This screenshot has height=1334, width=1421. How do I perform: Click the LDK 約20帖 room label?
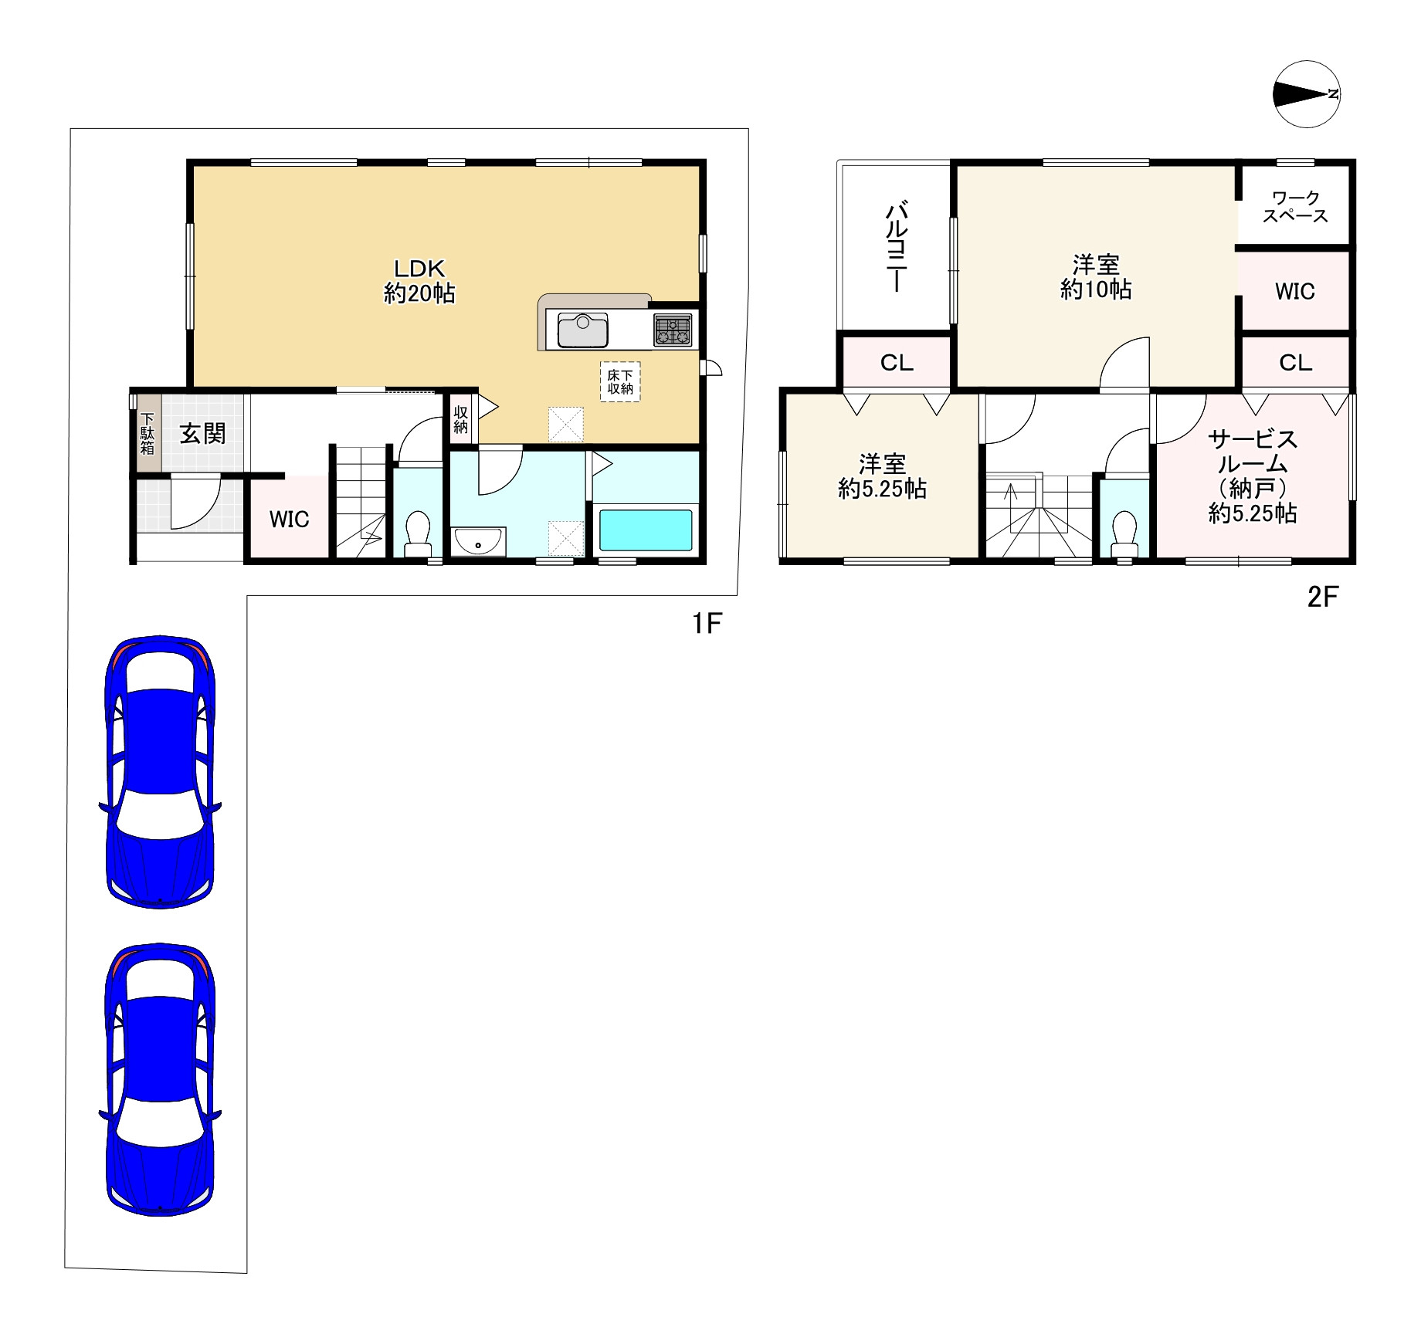(x=419, y=281)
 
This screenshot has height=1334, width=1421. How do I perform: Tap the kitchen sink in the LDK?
(x=582, y=330)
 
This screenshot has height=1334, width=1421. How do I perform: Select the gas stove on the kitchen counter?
(x=673, y=330)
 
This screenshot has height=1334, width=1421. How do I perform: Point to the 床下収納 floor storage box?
(x=620, y=381)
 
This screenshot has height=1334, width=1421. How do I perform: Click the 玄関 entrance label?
(x=203, y=434)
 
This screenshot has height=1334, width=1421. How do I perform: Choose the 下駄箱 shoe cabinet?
(x=148, y=433)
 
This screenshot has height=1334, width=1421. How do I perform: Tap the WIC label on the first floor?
(x=290, y=520)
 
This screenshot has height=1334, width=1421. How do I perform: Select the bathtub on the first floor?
(x=646, y=530)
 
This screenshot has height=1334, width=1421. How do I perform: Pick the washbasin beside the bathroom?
(x=479, y=542)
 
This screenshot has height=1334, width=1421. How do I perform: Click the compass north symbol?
(x=1306, y=94)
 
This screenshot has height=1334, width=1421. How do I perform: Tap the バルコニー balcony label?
(x=896, y=246)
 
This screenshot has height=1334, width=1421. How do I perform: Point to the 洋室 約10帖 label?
(x=1096, y=277)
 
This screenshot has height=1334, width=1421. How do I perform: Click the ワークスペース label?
(x=1295, y=208)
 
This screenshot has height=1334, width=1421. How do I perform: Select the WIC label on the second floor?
(x=1295, y=292)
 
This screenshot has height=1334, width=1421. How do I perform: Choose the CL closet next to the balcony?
(x=897, y=363)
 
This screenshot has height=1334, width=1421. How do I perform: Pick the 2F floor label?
(x=1322, y=598)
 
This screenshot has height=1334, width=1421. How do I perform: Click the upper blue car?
(x=160, y=772)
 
